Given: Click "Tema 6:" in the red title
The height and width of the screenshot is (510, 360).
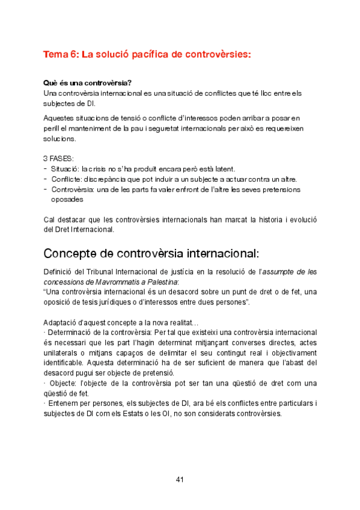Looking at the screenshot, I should click(x=60, y=54).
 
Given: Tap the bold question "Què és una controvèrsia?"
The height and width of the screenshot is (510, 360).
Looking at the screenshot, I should click(x=88, y=82).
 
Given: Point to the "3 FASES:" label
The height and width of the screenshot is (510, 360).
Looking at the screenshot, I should click(x=59, y=159).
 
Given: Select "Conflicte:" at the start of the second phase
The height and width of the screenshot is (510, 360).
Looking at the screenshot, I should click(x=67, y=179).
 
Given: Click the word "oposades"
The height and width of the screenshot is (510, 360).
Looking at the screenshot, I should click(x=67, y=199).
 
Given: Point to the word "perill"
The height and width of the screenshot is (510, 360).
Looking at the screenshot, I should click(x=53, y=128).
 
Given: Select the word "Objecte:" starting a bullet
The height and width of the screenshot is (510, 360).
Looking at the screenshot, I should click(x=63, y=382).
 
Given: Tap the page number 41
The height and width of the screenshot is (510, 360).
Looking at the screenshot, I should click(x=180, y=479).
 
